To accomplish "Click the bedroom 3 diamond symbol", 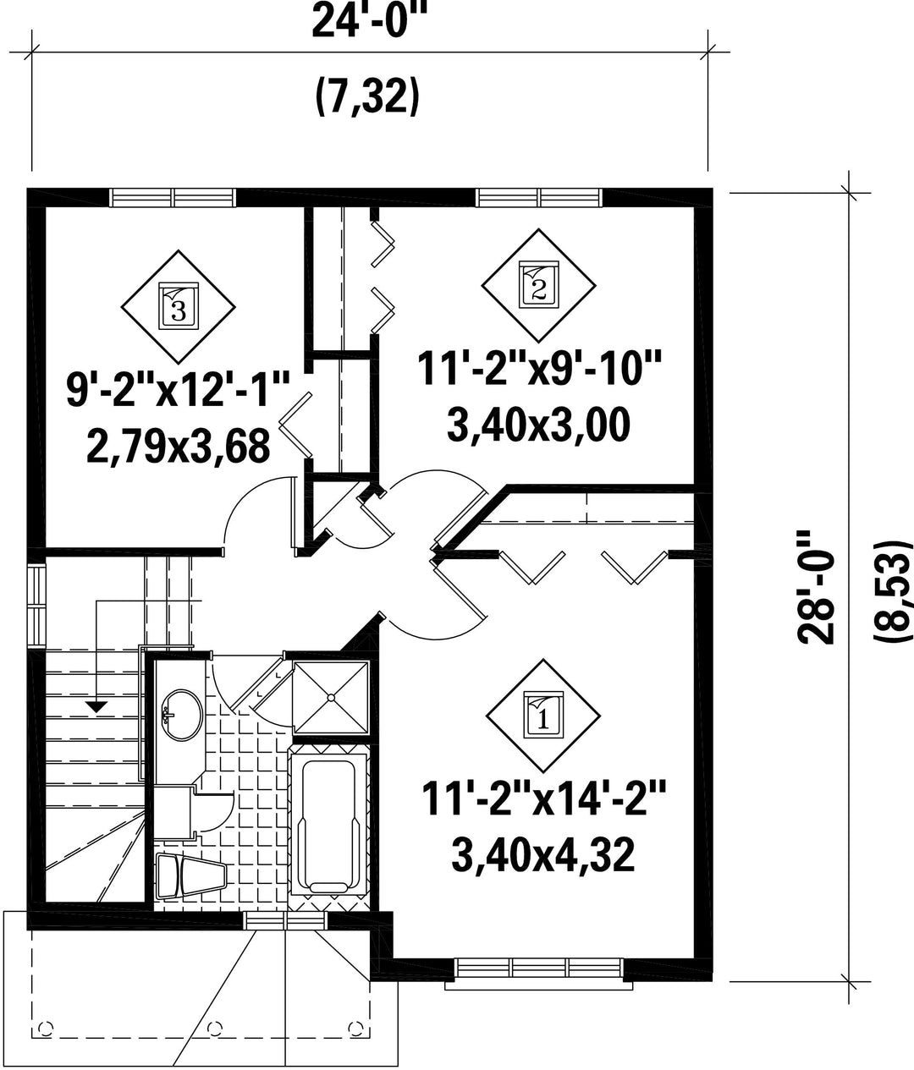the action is click(x=178, y=307).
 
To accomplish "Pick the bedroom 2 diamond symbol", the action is click(x=538, y=285).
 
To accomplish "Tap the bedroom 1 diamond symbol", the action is click(x=542, y=716).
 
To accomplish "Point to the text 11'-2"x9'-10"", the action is click(x=539, y=368).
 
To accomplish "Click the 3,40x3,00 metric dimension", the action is click(x=538, y=425).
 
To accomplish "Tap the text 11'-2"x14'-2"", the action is click(x=542, y=798).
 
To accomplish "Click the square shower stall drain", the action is click(x=331, y=699).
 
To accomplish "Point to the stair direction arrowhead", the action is click(x=96, y=706).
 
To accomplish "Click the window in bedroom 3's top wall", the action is click(x=173, y=197).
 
